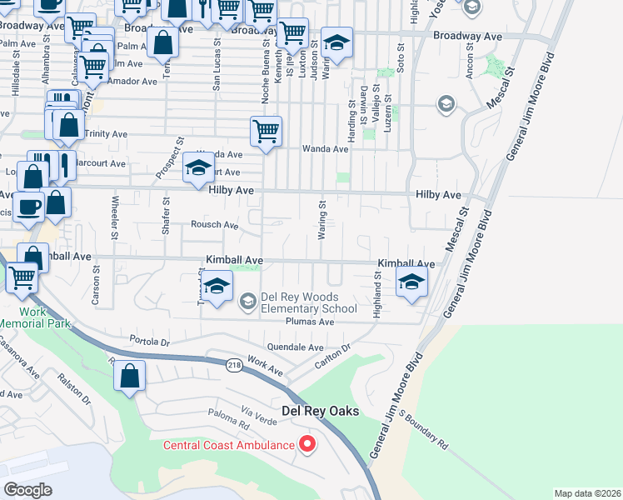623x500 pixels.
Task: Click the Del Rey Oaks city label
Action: pos(320,411)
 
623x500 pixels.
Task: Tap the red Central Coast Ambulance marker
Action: pos(307,444)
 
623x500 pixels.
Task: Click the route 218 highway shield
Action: pos(235,364)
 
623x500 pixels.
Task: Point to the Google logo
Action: pos(27,490)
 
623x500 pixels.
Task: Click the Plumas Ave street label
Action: pos(309,321)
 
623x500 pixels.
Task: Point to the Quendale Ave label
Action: pos(295,347)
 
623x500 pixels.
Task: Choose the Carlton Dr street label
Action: pos(334,358)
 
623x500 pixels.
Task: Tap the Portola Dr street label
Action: pos(150,341)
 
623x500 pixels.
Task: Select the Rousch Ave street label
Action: pos(214,225)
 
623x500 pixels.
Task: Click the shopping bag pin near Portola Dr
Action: pos(130,377)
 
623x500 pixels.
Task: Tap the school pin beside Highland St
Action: pos(411,282)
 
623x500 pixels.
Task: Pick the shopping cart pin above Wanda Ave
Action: pos(266,131)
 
